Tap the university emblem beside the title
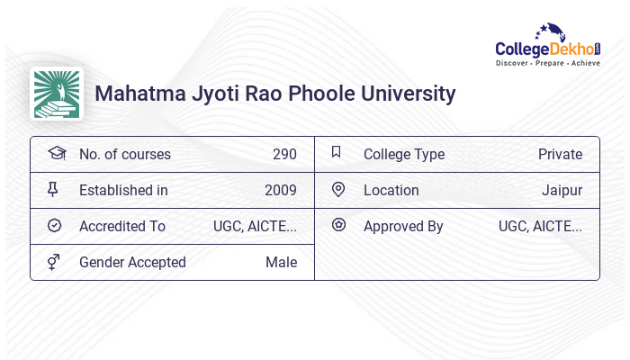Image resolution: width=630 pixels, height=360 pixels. tap(56, 94)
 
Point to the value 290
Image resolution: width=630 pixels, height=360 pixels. tap(284, 154)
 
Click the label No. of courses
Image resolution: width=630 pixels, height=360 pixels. tap(124, 154)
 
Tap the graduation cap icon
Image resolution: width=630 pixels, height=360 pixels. tap(56, 153)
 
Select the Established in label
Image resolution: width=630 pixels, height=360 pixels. tap(123, 190)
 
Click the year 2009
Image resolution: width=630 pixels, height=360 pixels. tap(281, 190)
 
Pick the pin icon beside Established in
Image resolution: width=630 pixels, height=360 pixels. tap(54, 190)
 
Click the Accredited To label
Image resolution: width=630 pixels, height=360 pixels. tap(122, 226)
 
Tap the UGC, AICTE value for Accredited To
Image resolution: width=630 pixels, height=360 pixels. tap(255, 226)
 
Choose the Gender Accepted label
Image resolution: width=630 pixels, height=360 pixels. tap(132, 262)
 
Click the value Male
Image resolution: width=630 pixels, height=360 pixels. tap(281, 262)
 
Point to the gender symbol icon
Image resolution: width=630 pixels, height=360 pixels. tap(54, 262)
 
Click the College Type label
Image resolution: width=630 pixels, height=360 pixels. tap(404, 154)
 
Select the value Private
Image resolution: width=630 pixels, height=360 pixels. tap(560, 154)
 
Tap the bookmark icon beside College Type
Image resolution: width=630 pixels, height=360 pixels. tap(337, 152)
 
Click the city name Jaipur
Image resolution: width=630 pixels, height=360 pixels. tap(562, 190)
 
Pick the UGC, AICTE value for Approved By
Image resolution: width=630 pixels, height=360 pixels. tap(540, 226)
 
